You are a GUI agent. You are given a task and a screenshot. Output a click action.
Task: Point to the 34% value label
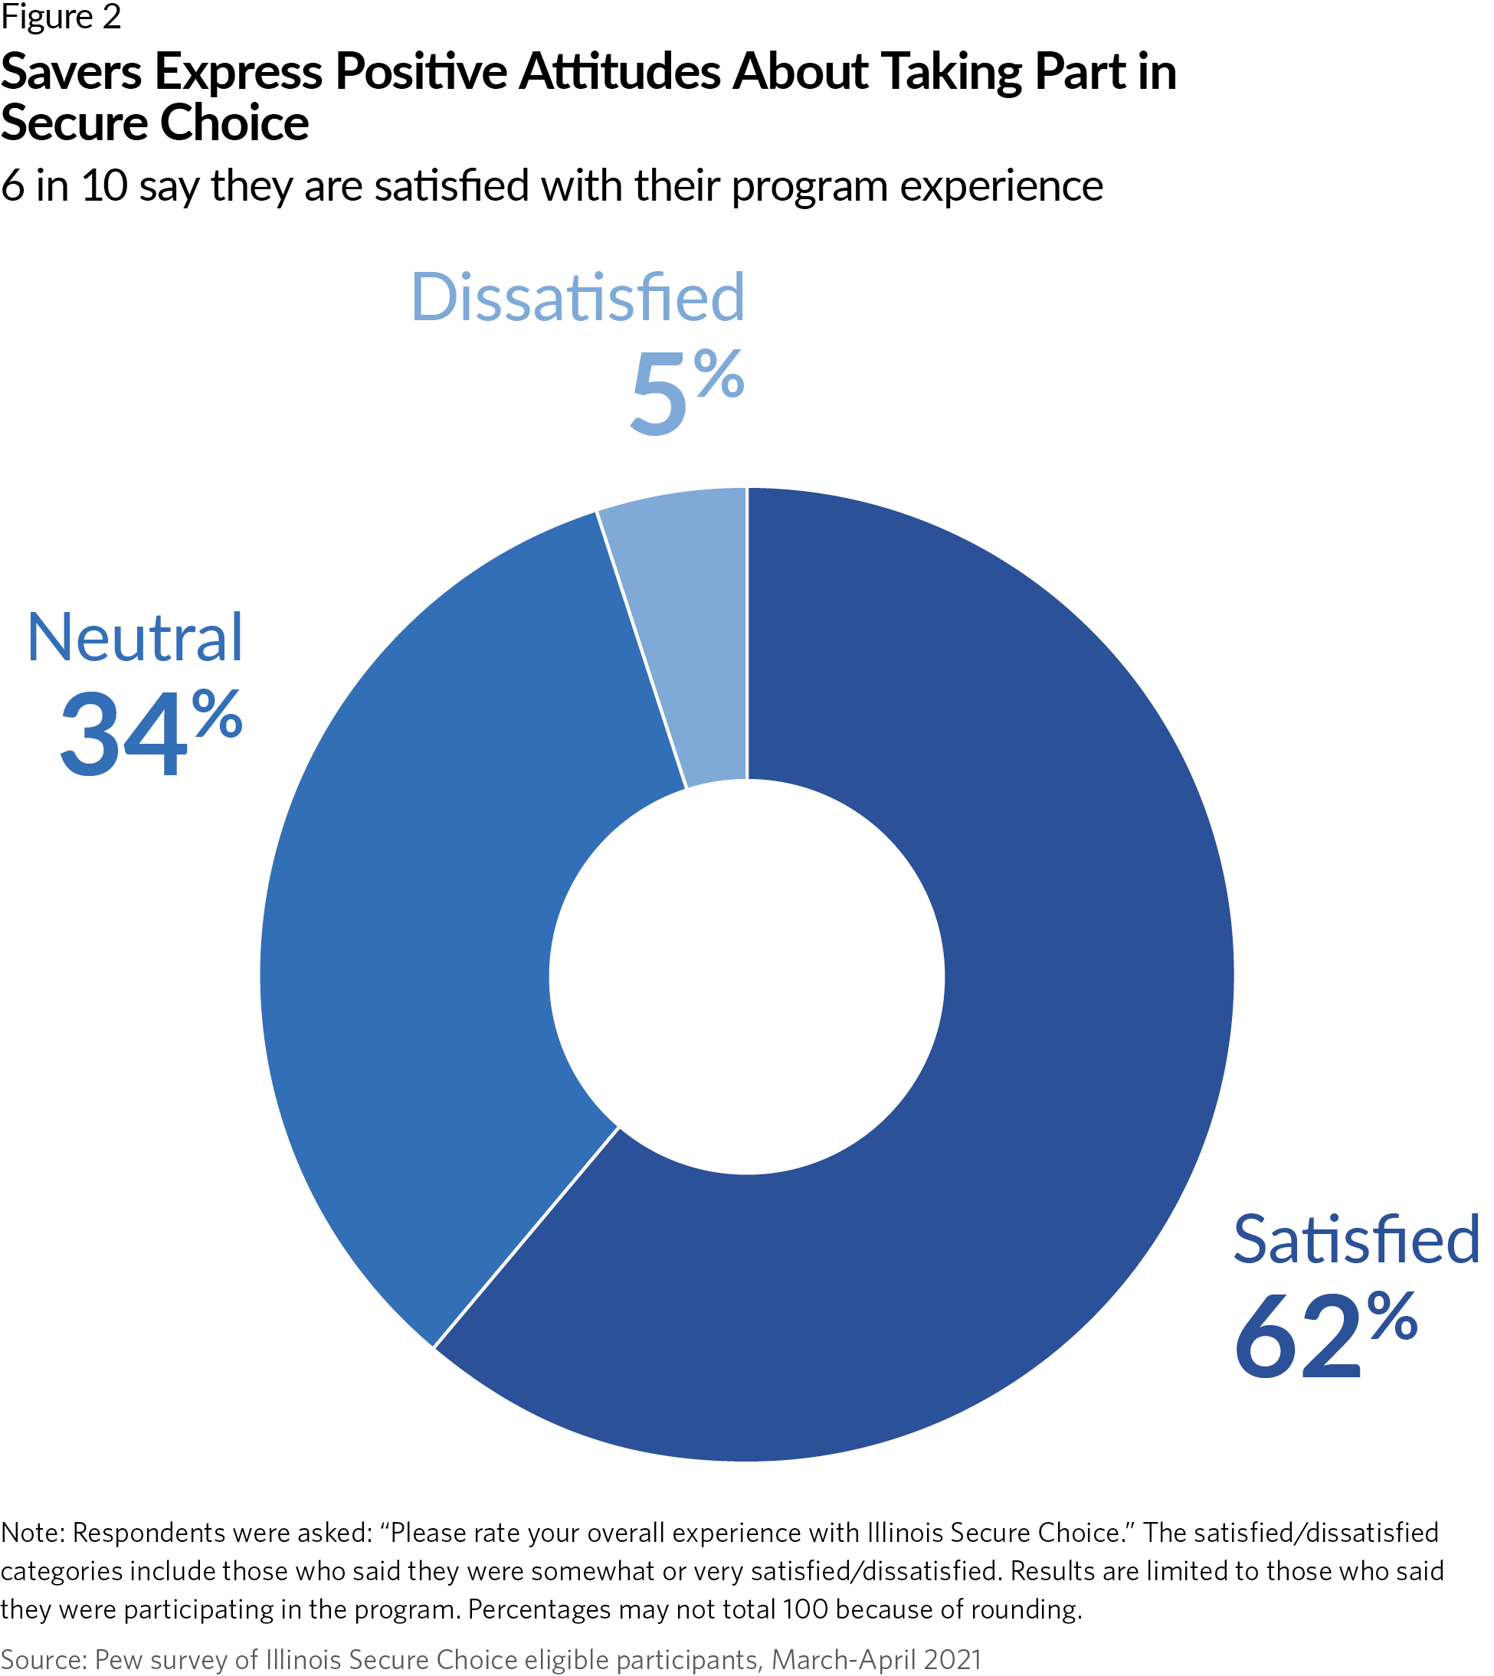[151, 733]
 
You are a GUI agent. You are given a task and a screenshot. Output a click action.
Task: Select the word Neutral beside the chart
[135, 638]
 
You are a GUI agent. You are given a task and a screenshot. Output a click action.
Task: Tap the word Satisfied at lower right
[1355, 1240]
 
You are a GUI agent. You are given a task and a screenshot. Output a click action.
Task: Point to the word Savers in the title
[71, 71]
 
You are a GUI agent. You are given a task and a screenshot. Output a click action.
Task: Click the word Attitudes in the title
[620, 71]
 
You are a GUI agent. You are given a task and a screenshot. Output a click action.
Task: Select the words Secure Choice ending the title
[154, 123]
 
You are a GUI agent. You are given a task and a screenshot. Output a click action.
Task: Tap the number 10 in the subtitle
[104, 185]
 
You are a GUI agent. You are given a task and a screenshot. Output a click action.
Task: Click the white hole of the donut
[746, 977]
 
